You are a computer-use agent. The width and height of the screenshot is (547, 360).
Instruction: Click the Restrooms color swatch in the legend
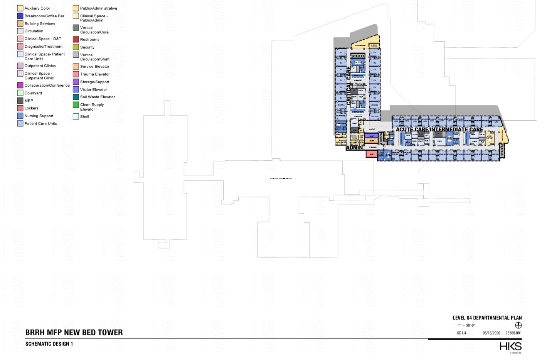[76, 39]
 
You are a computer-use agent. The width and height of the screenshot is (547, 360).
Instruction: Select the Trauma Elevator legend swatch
[76, 74]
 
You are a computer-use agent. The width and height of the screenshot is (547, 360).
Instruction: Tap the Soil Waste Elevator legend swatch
[76, 97]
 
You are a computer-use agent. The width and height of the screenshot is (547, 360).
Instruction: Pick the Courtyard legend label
[33, 93]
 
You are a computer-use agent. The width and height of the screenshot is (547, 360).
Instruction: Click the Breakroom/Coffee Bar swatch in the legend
[20, 16]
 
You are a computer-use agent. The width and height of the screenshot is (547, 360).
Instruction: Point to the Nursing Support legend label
[39, 116]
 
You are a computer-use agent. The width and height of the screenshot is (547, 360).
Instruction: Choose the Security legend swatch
[76, 47]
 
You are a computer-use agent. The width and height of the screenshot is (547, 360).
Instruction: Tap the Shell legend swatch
[76, 116]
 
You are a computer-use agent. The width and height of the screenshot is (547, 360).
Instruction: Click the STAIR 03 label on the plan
[358, 56]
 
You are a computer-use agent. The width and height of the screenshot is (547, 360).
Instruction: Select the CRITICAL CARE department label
[349, 86]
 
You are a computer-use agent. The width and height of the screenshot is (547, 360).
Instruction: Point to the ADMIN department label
[354, 148]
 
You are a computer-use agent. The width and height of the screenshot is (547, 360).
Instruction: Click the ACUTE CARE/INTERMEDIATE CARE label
[439, 130]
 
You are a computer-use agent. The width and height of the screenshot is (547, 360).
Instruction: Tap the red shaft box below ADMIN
[372, 154]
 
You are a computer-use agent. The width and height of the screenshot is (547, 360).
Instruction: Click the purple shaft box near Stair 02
[372, 136]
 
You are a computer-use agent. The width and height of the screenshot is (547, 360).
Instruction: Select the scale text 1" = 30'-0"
[466, 325]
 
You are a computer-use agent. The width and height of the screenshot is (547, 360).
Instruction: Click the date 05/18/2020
[491, 333]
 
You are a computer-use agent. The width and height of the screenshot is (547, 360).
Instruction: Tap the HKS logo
[510, 346]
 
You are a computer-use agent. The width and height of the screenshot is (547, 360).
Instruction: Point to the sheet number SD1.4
[461, 333]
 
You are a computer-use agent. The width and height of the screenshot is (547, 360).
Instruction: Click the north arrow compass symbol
[518, 325]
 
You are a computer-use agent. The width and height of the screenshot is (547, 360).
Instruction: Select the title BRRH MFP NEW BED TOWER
[74, 333]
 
